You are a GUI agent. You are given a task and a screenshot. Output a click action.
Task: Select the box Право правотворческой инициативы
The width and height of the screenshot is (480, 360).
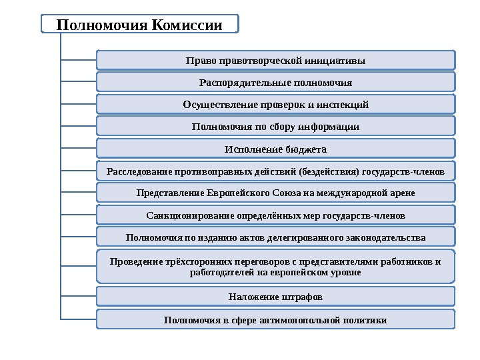coord(276,61)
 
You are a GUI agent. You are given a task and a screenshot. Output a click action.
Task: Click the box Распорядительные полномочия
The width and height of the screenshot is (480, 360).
coord(276,83)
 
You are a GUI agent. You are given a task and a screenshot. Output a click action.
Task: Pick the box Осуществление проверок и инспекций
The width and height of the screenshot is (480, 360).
coord(276,105)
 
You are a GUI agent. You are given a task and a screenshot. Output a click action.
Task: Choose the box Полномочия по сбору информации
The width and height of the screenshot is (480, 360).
coord(276,127)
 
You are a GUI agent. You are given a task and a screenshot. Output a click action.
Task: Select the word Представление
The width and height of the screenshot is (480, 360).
coord(169,193)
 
